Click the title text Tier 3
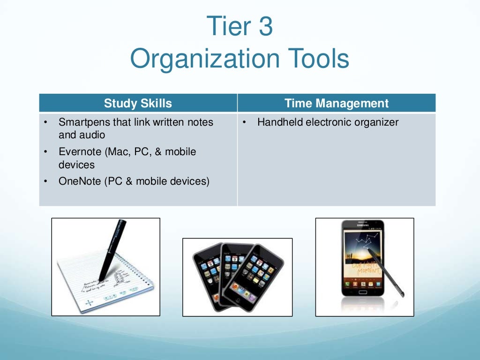[240, 27]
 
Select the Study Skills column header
[138, 104]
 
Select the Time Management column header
[336, 104]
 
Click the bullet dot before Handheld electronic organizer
[245, 123]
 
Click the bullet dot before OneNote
[46, 181]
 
